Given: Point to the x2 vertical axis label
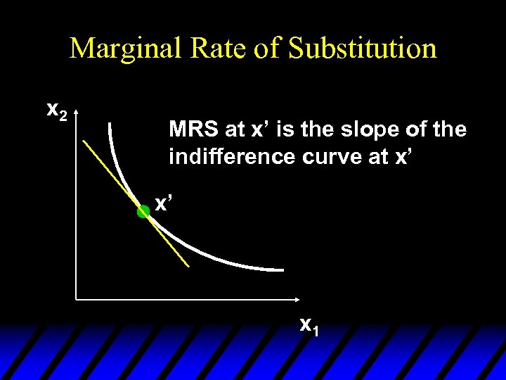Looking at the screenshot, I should pyautogui.click(x=56, y=110).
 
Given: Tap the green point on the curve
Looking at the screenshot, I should pyautogui.click(x=143, y=211).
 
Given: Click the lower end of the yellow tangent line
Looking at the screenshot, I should pyautogui.click(x=189, y=267).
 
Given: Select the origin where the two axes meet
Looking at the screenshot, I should pyautogui.click(x=75, y=300).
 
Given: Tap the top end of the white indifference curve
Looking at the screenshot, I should pyautogui.click(x=110, y=124).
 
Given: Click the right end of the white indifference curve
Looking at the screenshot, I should pyautogui.click(x=283, y=270).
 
